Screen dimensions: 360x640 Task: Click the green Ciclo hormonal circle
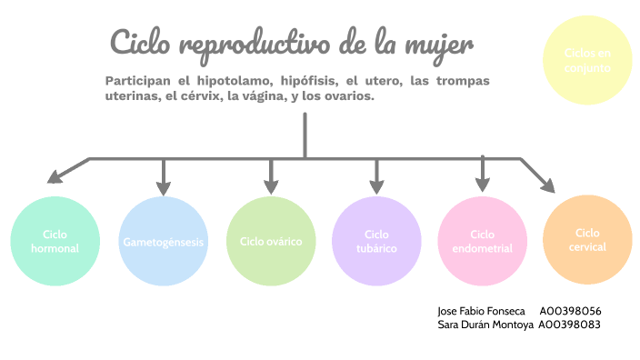(x=55, y=241)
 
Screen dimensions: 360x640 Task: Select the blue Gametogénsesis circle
(x=164, y=241)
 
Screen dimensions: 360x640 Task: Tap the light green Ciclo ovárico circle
(x=271, y=241)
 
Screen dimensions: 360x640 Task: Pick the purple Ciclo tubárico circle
(x=377, y=241)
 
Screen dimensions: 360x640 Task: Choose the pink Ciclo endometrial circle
(x=483, y=241)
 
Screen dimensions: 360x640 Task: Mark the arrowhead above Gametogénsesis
(x=164, y=188)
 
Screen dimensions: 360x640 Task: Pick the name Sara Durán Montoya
(x=485, y=324)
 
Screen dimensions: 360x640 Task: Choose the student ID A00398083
(x=570, y=324)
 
